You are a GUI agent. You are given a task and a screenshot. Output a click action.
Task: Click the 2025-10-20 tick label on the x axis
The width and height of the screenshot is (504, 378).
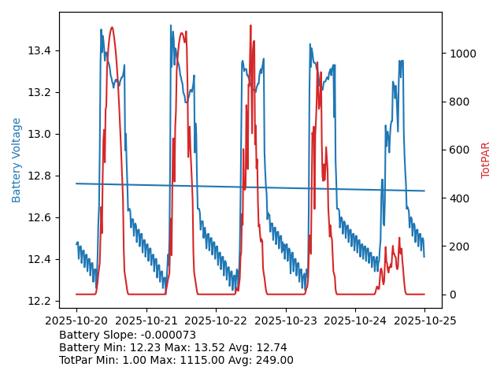tap(76, 321)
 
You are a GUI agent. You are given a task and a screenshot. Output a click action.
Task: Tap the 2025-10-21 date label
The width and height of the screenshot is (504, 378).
tap(146, 321)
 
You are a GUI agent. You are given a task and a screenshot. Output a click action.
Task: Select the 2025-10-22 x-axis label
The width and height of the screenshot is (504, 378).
tap(216, 321)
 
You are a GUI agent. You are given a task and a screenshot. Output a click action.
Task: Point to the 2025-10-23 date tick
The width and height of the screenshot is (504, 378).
tap(285, 321)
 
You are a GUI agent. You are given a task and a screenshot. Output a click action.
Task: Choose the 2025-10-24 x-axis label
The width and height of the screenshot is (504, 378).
tap(355, 321)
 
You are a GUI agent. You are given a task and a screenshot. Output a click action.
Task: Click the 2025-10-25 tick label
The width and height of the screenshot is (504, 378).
tap(424, 321)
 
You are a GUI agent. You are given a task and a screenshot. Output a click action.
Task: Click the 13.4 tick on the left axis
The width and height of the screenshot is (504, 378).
tap(39, 50)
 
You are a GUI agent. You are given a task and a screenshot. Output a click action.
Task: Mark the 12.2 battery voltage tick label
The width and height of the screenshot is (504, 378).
tap(39, 301)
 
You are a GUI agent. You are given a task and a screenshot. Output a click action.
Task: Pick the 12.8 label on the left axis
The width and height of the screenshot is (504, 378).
tap(39, 176)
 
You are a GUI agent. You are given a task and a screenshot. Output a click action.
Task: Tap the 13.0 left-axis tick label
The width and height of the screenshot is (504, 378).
tap(39, 134)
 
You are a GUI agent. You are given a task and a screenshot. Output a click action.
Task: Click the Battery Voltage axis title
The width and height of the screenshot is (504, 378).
tap(17, 160)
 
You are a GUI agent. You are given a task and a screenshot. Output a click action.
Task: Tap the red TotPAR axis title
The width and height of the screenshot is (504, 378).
tap(486, 160)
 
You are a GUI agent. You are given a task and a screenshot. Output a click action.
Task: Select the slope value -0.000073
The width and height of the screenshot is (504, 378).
tap(167, 335)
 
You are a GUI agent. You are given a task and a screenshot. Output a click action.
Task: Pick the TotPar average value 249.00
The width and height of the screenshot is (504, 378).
tap(273, 360)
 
